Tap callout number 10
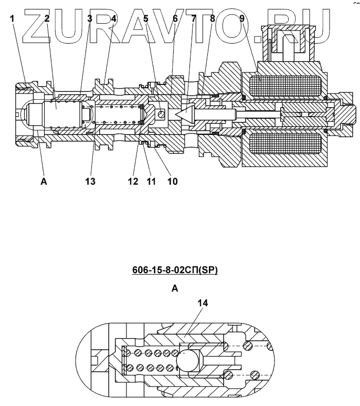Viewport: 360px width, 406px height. point(172,182)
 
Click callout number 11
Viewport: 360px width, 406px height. point(152,182)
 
